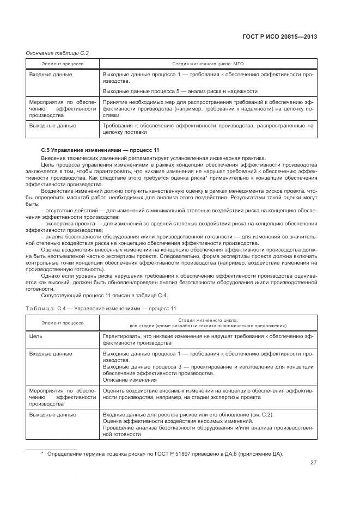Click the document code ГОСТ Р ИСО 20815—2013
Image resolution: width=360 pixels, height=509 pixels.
pos(284,37)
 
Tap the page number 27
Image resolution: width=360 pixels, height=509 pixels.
pos(314,463)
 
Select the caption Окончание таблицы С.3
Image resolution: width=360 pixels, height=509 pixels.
pos(57,53)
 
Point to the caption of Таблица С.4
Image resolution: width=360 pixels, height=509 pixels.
pos(101,309)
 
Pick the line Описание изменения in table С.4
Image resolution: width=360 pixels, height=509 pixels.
pos(130,380)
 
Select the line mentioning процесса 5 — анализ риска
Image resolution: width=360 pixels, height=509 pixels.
pos(180,91)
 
